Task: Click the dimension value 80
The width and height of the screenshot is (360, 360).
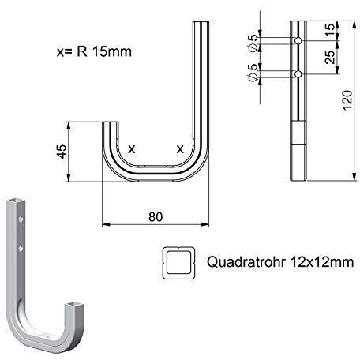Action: pyautogui.click(x=156, y=217)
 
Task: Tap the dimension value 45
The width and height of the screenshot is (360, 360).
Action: pyautogui.click(x=62, y=152)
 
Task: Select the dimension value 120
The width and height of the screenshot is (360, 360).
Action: pyautogui.click(x=347, y=100)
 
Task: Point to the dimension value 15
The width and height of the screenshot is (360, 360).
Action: pyautogui.click(x=330, y=30)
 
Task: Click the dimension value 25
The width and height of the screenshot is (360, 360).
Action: pyautogui.click(x=330, y=57)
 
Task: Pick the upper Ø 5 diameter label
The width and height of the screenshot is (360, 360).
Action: pyautogui.click(x=253, y=43)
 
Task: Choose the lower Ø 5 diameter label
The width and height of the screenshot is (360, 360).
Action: pyautogui.click(x=253, y=73)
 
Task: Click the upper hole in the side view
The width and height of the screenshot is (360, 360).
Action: pyautogui.click(x=298, y=41)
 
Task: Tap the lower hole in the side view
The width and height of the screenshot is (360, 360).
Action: pyautogui.click(x=298, y=74)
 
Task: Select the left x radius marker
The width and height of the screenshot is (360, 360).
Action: pyautogui.click(x=132, y=149)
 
